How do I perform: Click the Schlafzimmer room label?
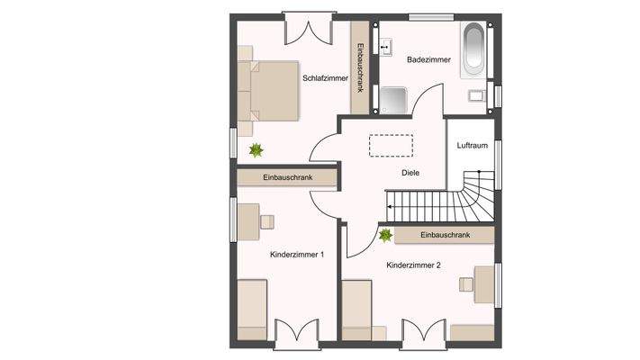325,78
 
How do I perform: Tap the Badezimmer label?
428,59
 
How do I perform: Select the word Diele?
410,173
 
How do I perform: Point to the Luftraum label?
473,145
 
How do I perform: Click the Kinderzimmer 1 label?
297,255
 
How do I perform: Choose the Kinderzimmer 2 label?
413,265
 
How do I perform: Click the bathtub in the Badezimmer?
473,50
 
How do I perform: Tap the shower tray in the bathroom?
393,101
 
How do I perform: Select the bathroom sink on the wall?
385,47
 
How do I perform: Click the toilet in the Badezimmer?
476,96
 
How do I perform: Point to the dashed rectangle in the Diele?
391,146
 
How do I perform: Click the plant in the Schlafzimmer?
256,150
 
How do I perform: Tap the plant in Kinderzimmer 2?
385,235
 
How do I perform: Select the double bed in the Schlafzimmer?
268,91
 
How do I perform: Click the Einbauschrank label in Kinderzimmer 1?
288,177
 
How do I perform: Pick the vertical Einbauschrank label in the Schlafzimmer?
360,67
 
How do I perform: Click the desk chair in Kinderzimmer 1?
267,222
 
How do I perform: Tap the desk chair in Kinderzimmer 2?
466,284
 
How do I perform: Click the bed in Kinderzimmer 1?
252,310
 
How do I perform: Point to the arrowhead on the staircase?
389,207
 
